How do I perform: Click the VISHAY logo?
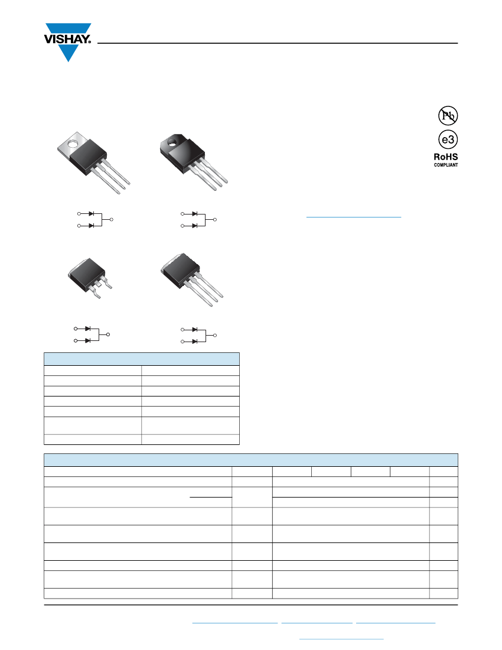click(67, 42)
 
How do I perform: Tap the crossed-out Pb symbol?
click(448, 115)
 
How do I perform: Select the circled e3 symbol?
click(448, 139)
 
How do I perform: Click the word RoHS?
click(446, 157)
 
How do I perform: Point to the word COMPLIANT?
click(446, 165)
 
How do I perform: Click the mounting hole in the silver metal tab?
click(73, 144)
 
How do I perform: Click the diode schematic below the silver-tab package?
click(95, 219)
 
